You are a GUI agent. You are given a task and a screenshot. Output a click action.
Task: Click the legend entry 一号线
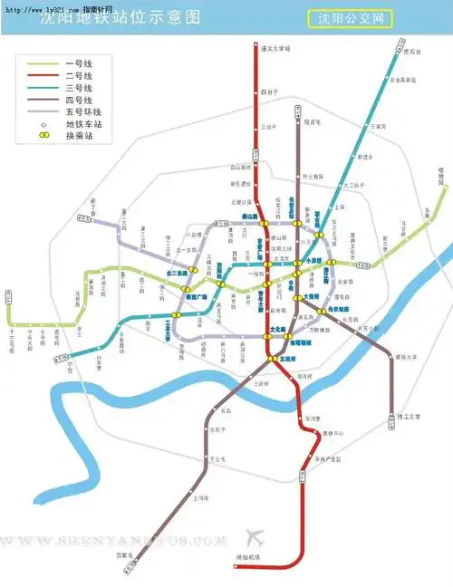(76, 64)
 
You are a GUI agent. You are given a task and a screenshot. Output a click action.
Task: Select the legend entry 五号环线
(82, 111)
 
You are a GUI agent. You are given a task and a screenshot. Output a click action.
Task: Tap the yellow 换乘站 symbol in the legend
(43, 135)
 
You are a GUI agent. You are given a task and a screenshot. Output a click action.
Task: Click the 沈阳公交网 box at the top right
(350, 18)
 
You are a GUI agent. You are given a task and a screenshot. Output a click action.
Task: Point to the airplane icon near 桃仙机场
(254, 535)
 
